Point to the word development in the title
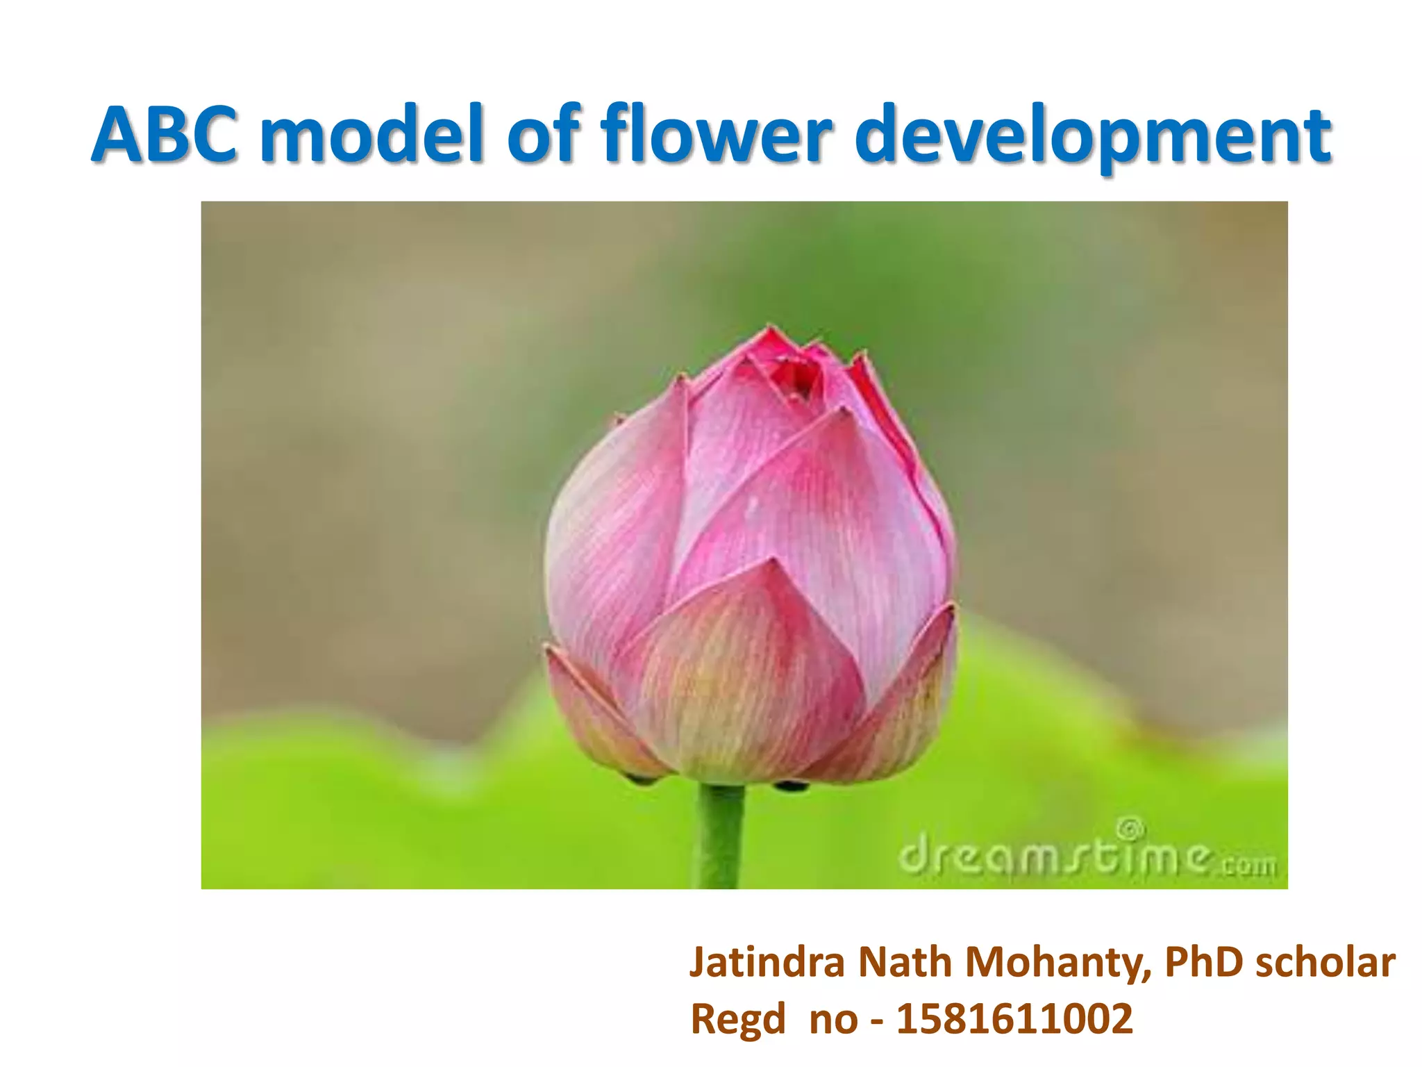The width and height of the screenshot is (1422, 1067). [1097, 139]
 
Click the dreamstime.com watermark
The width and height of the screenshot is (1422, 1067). [1087, 856]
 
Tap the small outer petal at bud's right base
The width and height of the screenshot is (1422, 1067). [903, 709]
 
